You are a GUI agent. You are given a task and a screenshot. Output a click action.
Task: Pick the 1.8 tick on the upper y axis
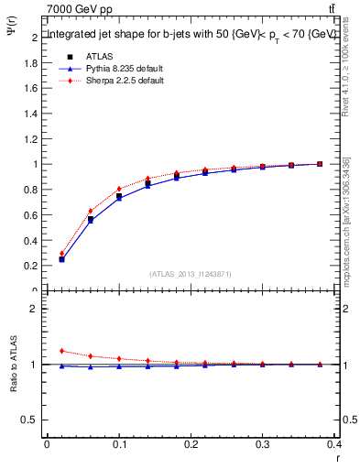click(x=31, y=63)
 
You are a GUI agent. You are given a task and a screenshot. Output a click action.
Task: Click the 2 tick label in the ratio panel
click(x=34, y=309)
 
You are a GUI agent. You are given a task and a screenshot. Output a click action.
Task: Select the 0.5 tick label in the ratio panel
click(x=31, y=420)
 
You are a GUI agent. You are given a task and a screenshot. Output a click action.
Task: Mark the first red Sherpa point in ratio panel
click(x=61, y=351)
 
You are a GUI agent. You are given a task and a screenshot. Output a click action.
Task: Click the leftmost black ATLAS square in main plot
click(x=61, y=259)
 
